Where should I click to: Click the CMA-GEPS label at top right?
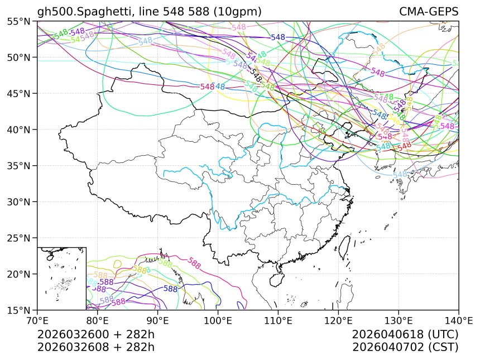pyautogui.click(x=429, y=12)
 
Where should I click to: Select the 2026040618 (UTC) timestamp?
pyautogui.click(x=405, y=334)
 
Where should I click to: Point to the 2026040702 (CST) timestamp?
pyautogui.click(x=405, y=347)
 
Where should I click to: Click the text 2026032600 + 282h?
pyautogui.click(x=95, y=334)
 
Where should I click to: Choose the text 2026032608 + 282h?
pyautogui.click(x=95, y=347)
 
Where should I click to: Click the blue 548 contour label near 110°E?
pyautogui.click(x=278, y=37)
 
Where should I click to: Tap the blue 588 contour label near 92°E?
pyautogui.click(x=170, y=289)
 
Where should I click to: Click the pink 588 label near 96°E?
pyautogui.click(x=195, y=262)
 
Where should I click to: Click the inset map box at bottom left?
pyautogui.click(x=61, y=278)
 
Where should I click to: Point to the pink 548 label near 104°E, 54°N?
pyautogui.click(x=238, y=27)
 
